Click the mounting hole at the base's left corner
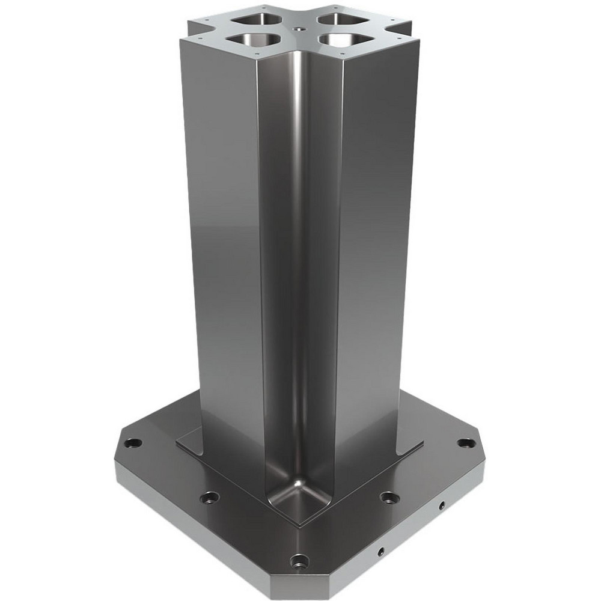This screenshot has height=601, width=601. coord(133,443)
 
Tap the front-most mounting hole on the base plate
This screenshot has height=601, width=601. coord(299,562)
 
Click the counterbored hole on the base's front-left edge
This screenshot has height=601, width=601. coord(209,498)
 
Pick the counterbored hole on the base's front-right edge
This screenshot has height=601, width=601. coord(389,497)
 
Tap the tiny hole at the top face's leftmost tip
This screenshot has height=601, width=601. coord(193,33)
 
